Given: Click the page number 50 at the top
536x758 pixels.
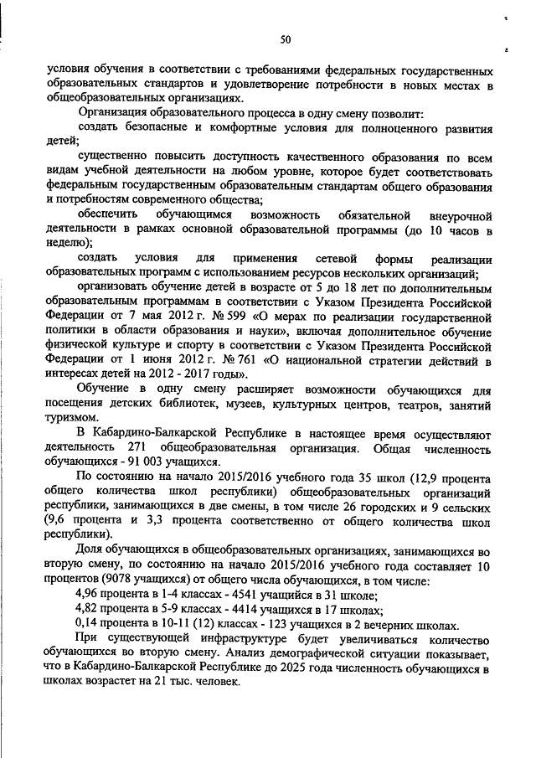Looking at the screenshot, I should [x=285, y=39].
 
